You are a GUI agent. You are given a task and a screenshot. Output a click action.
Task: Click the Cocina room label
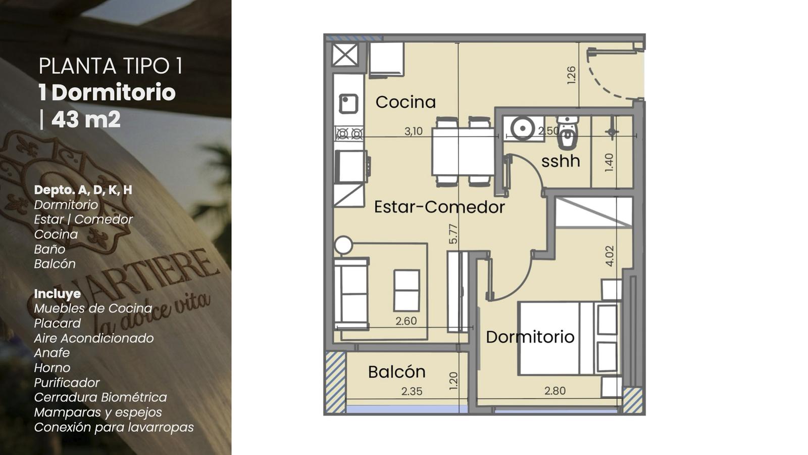(x=406, y=102)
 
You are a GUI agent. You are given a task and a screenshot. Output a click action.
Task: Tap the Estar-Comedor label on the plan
(x=439, y=207)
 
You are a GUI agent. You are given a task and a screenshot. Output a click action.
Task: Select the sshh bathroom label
(x=561, y=161)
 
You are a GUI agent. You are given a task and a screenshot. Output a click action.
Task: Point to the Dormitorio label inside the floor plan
(x=530, y=337)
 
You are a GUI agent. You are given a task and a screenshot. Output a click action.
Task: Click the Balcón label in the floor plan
(x=397, y=372)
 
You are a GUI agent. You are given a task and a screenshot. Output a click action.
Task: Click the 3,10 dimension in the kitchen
(x=414, y=131)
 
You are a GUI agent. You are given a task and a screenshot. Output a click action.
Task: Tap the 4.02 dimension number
(x=609, y=256)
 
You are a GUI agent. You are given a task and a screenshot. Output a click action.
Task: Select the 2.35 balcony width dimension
(x=412, y=391)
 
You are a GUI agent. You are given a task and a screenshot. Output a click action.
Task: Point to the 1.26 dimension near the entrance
(x=571, y=75)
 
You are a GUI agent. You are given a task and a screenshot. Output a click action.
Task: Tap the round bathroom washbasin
(x=522, y=128)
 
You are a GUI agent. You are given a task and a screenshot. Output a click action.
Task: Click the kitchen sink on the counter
(x=348, y=104)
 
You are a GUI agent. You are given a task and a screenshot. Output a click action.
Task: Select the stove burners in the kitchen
(x=349, y=134)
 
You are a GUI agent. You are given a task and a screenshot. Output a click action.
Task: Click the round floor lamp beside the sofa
(x=343, y=245)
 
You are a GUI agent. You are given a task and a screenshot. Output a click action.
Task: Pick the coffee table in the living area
(x=407, y=290)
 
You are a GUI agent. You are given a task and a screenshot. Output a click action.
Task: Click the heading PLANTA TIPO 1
(x=111, y=66)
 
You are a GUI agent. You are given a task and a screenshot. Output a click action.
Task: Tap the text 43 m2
(x=86, y=119)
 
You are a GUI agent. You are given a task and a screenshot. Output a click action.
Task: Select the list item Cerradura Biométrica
(x=100, y=397)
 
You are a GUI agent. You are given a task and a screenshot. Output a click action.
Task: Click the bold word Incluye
(x=58, y=294)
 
